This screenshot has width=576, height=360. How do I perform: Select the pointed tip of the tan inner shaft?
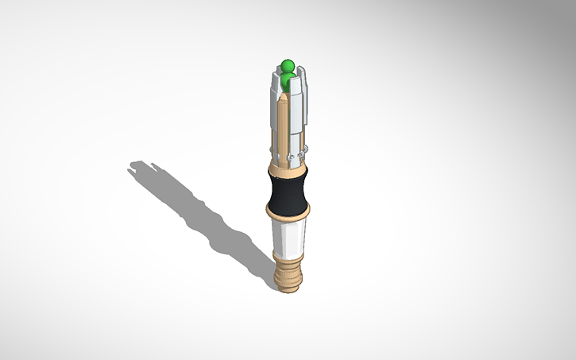pyautogui.click(x=283, y=97)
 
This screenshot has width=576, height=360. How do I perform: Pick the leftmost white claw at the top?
pyautogui.click(x=276, y=84)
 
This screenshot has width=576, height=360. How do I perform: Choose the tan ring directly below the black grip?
pyautogui.click(x=288, y=212)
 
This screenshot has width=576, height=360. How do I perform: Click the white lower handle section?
pyautogui.click(x=288, y=235)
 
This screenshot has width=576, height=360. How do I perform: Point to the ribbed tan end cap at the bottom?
pyautogui.click(x=288, y=272)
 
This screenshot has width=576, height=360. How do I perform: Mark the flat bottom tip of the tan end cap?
pyautogui.click(x=288, y=288)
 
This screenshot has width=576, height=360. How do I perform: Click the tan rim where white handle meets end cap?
pyautogui.click(x=288, y=254)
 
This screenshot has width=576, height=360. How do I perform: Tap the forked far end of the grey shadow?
pyautogui.click(x=137, y=168)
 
